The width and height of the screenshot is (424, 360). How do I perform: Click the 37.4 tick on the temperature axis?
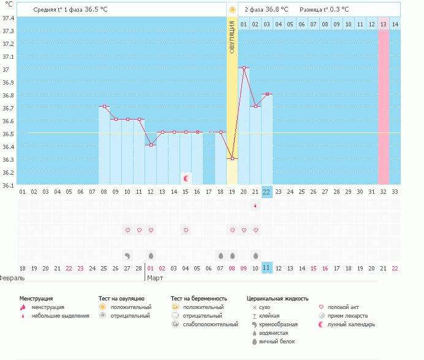9,18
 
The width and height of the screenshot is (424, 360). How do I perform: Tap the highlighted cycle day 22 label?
267,192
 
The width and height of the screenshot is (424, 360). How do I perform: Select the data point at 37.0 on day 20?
244,68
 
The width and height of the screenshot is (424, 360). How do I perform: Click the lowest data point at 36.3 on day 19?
232,158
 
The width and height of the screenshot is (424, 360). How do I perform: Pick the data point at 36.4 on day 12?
151,145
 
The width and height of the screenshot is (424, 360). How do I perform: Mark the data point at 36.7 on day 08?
104,107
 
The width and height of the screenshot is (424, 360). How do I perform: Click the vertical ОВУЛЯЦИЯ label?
232,37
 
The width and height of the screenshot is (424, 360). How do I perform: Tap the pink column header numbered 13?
384,24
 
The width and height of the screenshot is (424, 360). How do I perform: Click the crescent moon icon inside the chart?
186,178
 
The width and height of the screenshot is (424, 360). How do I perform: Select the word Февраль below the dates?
12,277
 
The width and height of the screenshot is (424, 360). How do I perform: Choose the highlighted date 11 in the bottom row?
267,268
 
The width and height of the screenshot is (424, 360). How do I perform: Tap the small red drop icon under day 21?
256,206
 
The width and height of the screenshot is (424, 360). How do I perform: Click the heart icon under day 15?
186,230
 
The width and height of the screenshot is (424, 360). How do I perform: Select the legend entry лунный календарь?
351,324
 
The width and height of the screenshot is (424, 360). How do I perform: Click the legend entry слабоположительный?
210,324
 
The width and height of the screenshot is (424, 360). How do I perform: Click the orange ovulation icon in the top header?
232,10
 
